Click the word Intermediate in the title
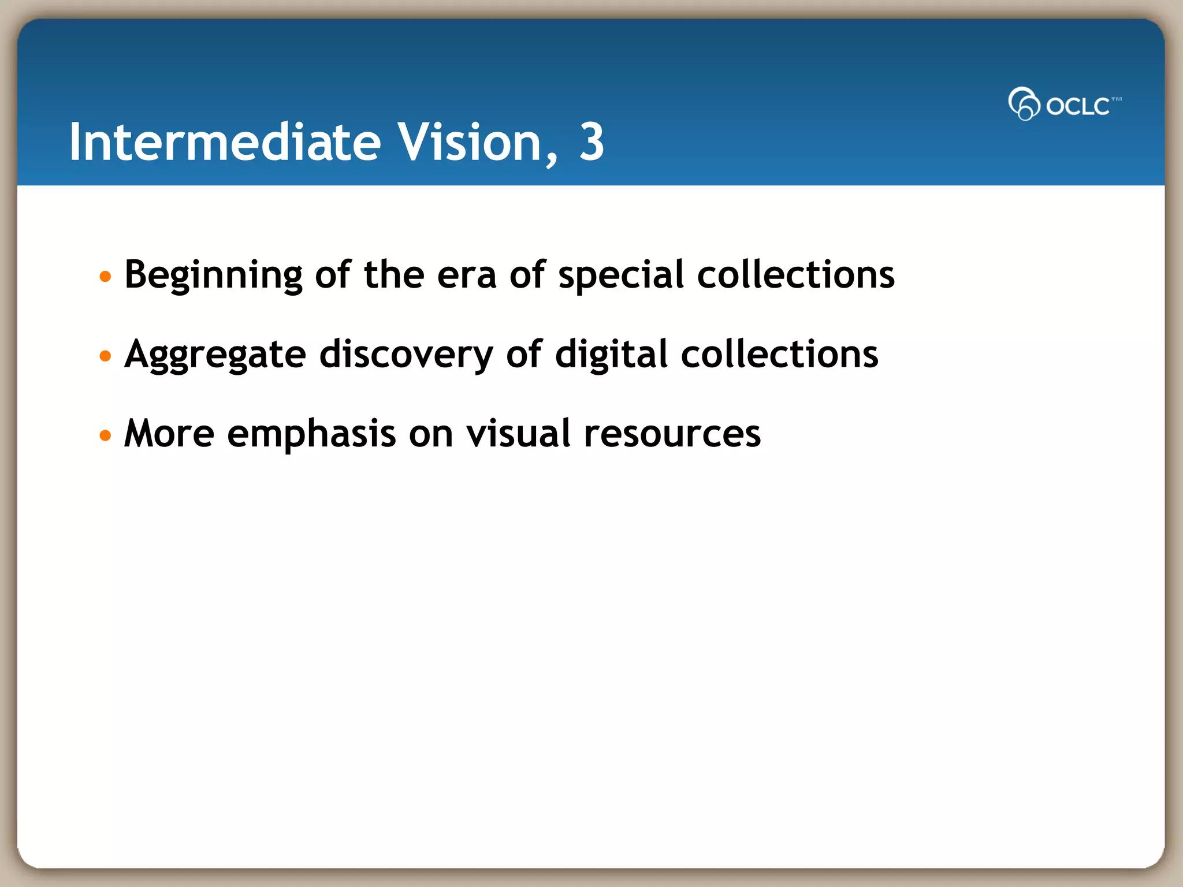click(225, 142)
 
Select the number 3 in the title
click(591, 142)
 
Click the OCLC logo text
click(1078, 106)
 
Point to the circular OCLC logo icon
click(1024, 104)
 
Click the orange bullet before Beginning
click(105, 277)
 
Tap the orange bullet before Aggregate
click(105, 356)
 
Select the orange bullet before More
click(105, 435)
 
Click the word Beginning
click(213, 275)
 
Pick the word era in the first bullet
click(467, 275)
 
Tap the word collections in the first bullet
click(795, 275)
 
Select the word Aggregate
click(215, 355)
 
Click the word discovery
click(406, 355)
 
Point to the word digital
click(611, 355)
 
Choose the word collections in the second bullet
click(779, 355)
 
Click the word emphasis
click(311, 434)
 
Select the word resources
click(672, 434)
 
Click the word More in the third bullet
click(169, 434)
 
